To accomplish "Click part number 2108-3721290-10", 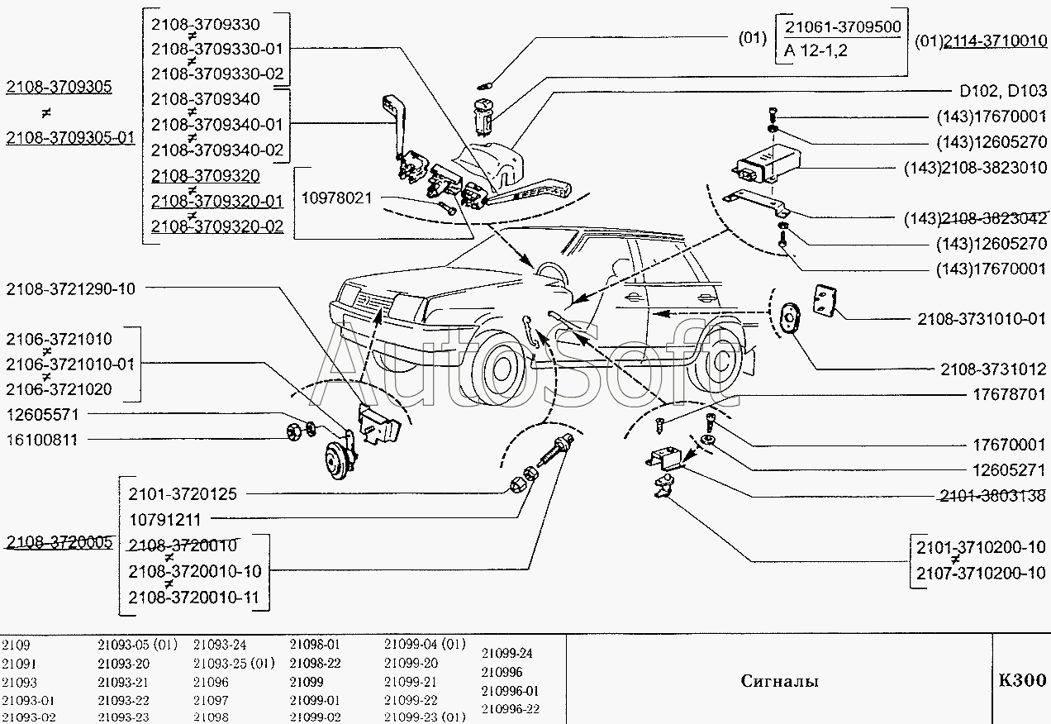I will click(70, 289).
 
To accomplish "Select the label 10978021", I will click(336, 198).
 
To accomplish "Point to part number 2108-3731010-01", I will click(982, 318).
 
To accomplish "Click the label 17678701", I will click(1008, 395).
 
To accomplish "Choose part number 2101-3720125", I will click(183, 494).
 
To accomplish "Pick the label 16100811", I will click(41, 440).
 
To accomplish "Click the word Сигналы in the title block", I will click(779, 681).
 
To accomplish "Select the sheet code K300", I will click(1022, 680).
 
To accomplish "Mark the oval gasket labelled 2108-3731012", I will click(791, 317).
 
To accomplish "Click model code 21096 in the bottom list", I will click(211, 683).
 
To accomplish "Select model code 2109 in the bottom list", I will click(16, 645).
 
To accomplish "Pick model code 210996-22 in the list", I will click(510, 708).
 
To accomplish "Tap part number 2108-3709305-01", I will click(69, 138).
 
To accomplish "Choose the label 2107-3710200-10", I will click(981, 573).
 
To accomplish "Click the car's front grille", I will click(364, 302).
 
